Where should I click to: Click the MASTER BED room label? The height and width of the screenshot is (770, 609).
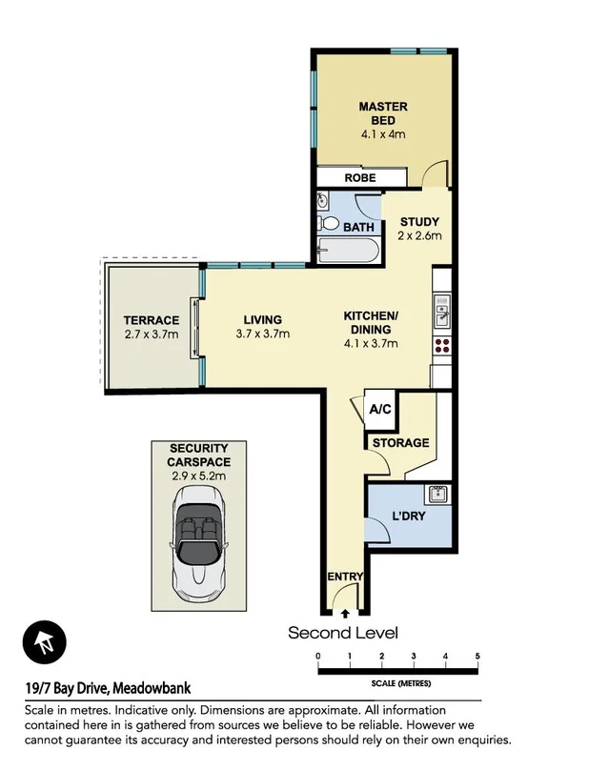point(382,113)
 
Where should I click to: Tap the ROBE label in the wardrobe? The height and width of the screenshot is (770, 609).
point(360,178)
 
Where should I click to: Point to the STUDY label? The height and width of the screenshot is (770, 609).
point(418,222)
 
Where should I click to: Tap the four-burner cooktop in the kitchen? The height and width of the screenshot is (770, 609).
point(441,345)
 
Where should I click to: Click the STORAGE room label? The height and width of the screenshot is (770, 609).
point(399,443)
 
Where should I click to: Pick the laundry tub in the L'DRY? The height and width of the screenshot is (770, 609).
point(437,494)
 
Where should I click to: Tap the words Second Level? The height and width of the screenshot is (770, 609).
point(343,633)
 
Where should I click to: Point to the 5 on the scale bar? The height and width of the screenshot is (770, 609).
point(477,656)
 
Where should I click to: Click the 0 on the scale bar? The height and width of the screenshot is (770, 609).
point(317,656)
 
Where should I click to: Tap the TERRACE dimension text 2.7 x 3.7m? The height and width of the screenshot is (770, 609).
point(151,334)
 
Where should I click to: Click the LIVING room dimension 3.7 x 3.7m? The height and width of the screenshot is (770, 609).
point(262,334)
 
